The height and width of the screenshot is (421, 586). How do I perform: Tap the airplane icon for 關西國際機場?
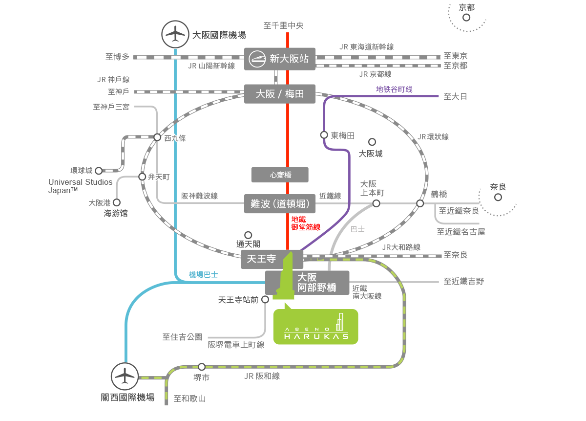[125, 376]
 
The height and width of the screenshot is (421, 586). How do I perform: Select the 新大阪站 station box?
[280, 59]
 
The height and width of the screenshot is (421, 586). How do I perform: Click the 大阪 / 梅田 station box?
[280, 94]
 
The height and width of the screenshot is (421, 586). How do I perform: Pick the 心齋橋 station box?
[280, 175]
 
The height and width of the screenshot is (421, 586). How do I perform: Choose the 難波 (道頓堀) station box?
[280, 203]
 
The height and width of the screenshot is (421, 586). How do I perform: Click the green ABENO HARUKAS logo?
[315, 323]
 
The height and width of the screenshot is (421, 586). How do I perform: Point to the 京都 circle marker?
[466, 18]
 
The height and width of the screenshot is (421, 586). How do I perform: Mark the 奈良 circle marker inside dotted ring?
[498, 198]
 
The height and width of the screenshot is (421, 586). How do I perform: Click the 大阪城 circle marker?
[372, 142]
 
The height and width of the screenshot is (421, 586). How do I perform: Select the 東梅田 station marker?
[324, 135]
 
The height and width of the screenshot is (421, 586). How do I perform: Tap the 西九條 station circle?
[157, 137]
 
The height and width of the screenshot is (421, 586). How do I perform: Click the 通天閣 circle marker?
[248, 235]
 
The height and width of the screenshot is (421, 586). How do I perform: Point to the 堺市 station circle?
[202, 366]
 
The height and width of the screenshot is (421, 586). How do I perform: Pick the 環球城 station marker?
[99, 171]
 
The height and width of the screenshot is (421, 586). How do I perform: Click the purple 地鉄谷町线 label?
[394, 89]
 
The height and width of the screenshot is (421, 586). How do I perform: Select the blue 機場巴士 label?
[203, 275]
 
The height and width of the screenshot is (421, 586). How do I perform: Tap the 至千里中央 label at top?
[283, 25]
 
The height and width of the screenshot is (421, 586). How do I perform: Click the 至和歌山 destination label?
[189, 399]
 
